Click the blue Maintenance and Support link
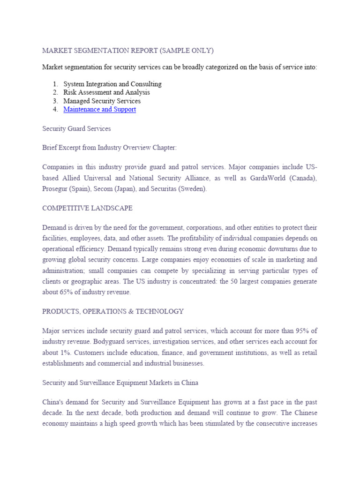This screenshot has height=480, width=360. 99,109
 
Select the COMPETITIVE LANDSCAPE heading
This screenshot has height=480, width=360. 87,208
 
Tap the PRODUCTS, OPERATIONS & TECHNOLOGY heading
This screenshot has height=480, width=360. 112,311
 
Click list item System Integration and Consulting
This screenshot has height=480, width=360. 112,84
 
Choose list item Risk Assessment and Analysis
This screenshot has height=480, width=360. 106,92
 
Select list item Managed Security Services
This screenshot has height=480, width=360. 102,101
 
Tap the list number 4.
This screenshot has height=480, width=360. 55,109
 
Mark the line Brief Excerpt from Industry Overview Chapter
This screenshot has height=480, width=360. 109,147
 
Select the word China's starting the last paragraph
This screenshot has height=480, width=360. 53,403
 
